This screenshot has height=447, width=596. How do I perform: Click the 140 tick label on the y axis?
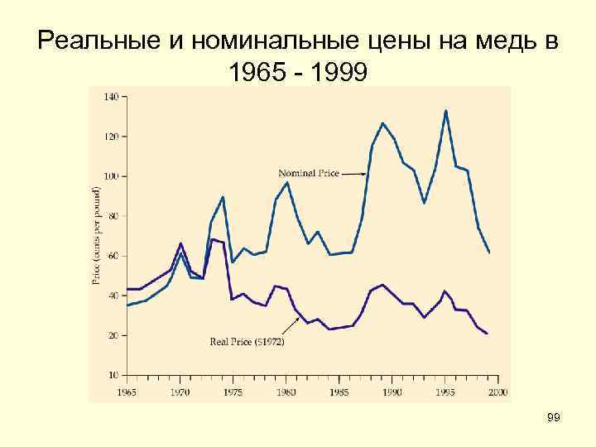click(x=110, y=96)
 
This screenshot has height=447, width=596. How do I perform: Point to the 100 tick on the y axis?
click(x=110, y=175)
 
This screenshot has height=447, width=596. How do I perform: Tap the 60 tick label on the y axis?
click(x=112, y=255)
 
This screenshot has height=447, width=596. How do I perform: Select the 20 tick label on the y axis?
click(x=112, y=335)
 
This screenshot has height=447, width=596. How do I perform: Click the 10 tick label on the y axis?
click(x=112, y=374)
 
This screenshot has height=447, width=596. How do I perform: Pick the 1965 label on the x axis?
click(x=127, y=391)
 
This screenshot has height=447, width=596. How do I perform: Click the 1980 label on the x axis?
click(x=286, y=391)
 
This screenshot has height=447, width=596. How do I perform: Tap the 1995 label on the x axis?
click(x=446, y=391)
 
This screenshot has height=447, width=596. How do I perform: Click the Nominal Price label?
click(x=309, y=174)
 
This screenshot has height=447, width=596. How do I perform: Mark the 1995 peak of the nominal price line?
click(x=446, y=110)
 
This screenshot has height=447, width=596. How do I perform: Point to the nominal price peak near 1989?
click(x=382, y=123)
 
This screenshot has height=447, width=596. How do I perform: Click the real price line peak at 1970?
click(x=180, y=243)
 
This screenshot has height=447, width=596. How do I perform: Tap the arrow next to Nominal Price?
click(x=353, y=174)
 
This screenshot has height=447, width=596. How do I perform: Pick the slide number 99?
click(x=554, y=419)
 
